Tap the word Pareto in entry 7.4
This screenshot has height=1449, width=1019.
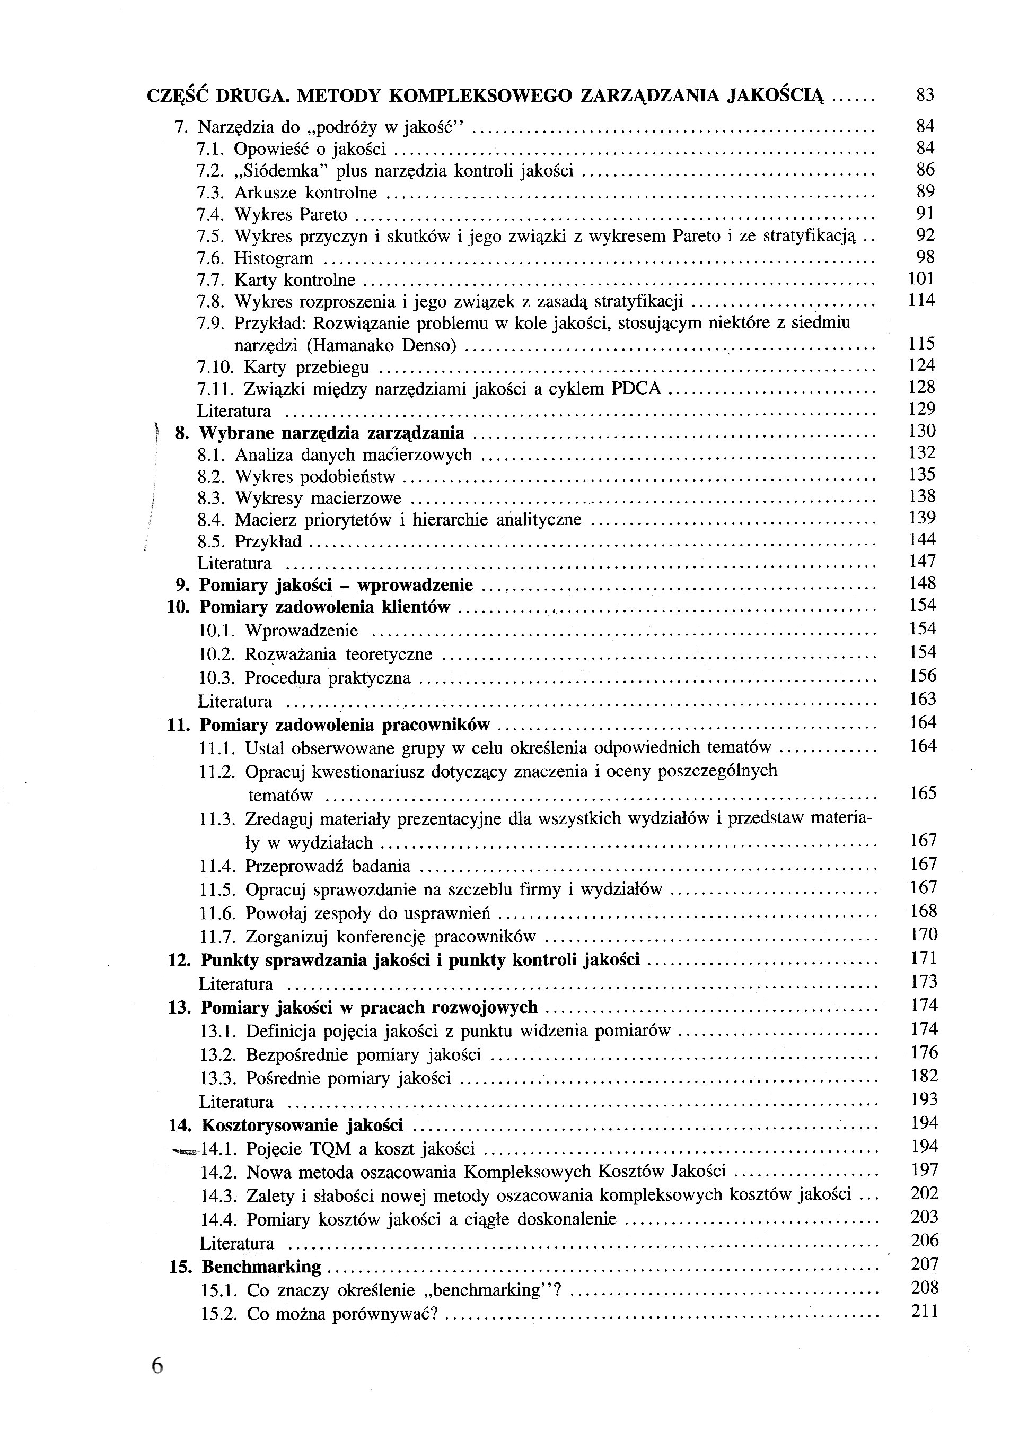point(323,215)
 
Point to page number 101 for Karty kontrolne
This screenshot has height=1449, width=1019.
point(920,279)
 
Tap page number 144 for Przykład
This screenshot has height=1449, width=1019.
point(922,539)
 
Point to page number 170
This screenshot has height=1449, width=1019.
point(924,934)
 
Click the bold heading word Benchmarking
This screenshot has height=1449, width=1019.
point(261,1267)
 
